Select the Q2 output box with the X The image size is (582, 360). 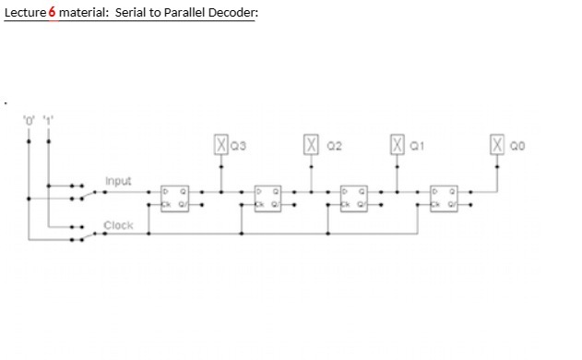coord(311,144)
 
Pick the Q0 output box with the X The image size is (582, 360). coord(498,144)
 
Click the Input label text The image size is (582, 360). coord(118,180)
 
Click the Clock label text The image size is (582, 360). coord(118,224)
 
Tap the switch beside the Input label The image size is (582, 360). coord(85,191)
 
